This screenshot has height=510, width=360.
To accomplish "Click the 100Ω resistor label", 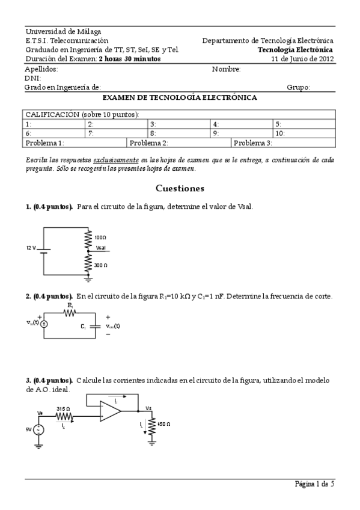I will point(100,238).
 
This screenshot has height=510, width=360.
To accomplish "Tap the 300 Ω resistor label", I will point(101,265).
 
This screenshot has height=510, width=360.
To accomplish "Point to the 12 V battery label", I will point(31,248).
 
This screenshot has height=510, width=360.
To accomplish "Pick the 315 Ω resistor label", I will point(63,408).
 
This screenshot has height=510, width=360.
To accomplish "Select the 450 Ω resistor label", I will point(163,424).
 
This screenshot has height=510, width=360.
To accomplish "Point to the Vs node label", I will point(148,408).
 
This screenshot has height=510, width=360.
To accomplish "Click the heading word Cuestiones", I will point(180,188).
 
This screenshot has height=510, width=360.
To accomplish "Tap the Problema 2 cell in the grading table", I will point(149,143).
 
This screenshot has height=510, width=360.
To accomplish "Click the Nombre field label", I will point(226,69).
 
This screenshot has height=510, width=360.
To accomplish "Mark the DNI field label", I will point(32,78).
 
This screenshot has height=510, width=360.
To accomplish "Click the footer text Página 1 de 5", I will point(314,484).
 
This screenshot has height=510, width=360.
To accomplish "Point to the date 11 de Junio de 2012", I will point(302,59).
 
